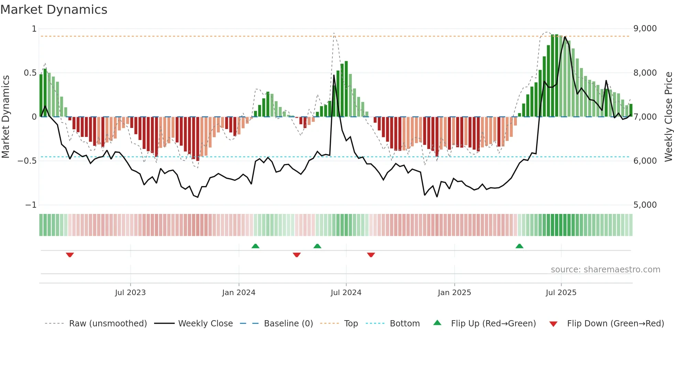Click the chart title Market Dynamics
pyautogui.click(x=54, y=10)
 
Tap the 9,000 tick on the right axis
pyautogui.click(x=645, y=29)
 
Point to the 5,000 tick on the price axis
pyautogui.click(x=645, y=205)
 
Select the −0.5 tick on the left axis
pyautogui.click(x=27, y=161)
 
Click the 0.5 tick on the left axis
pyautogui.click(x=30, y=73)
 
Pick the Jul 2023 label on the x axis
pyautogui.click(x=130, y=293)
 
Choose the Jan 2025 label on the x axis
pyautogui.click(x=454, y=293)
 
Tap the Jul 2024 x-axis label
pyautogui.click(x=346, y=293)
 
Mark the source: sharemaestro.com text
pyautogui.click(x=605, y=270)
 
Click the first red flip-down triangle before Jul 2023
pyautogui.click(x=70, y=255)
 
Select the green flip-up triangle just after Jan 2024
pyautogui.click(x=255, y=246)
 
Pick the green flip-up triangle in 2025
pyautogui.click(x=519, y=246)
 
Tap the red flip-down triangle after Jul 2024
pyautogui.click(x=371, y=255)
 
